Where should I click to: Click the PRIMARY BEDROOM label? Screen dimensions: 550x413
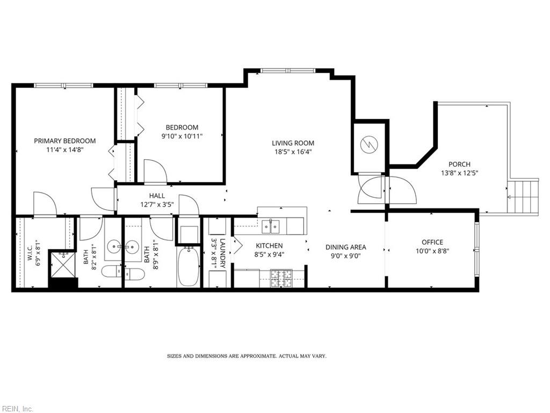point(65,141)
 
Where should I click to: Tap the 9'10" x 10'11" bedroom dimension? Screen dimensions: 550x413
point(182,136)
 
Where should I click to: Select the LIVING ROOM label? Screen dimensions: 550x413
point(293,143)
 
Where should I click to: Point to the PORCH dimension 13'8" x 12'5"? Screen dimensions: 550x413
point(460,173)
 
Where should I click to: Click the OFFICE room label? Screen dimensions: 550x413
point(432,242)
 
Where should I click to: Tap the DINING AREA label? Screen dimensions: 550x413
point(346,247)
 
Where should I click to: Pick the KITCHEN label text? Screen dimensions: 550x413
point(269,246)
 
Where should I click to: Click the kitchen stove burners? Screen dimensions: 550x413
point(281,279)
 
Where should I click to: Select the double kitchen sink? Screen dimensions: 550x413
point(271,226)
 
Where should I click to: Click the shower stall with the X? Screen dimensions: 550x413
point(62,264)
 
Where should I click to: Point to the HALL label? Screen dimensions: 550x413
point(157,196)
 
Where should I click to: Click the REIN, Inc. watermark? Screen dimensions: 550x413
point(17,409)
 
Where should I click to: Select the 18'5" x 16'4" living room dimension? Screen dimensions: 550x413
point(293,152)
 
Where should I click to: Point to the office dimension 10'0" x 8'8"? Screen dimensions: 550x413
point(432,251)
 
